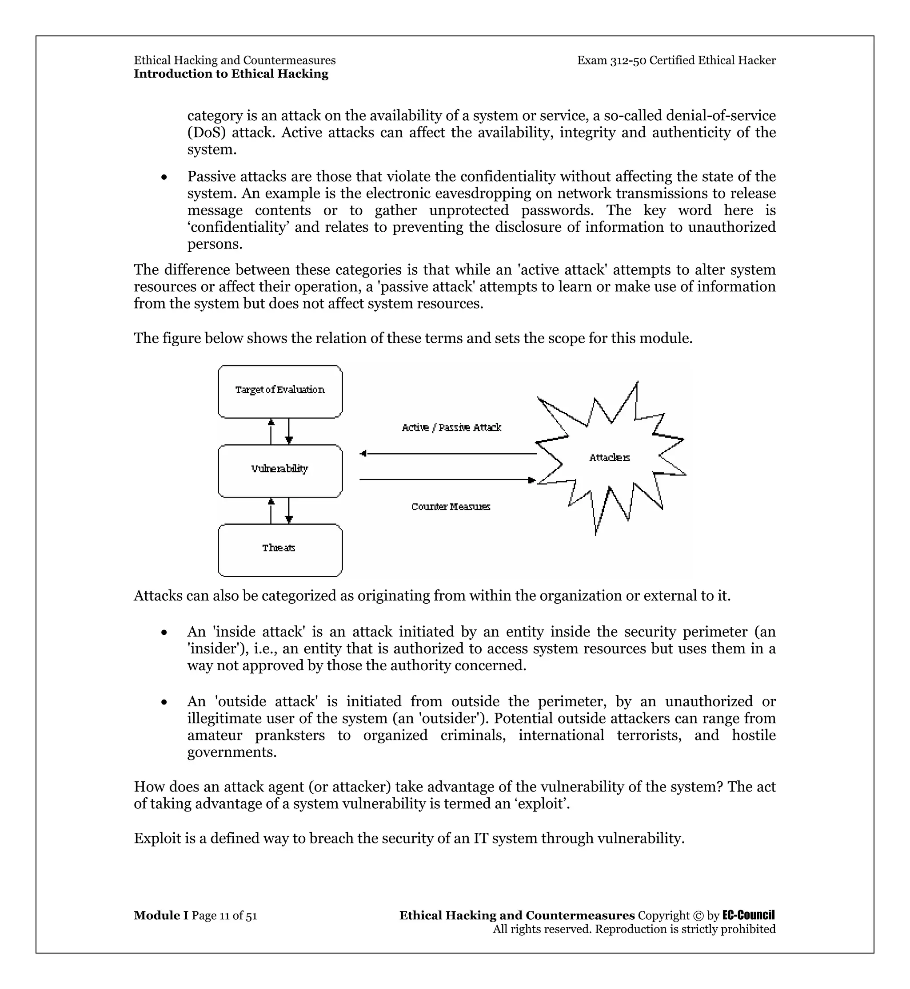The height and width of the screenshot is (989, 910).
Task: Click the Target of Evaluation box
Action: [279, 392]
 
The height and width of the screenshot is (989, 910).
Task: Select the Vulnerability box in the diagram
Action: [279, 471]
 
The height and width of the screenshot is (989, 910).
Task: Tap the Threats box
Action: [279, 550]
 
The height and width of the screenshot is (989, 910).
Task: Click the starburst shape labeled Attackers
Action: [610, 457]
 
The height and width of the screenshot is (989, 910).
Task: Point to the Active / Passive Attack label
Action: [451, 427]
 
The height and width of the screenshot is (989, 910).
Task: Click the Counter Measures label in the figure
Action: [451, 506]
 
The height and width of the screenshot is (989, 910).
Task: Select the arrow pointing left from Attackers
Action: [448, 454]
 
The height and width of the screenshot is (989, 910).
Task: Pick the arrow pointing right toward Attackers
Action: [448, 479]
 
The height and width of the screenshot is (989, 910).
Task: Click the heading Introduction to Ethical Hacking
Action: [231, 74]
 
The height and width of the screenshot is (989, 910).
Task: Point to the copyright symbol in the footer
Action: [698, 916]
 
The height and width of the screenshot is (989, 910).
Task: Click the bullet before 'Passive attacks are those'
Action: [164, 177]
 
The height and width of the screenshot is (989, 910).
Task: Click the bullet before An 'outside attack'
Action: [164, 702]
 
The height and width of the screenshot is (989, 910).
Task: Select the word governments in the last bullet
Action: [231, 752]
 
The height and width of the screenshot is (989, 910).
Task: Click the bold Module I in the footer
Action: [161, 915]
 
